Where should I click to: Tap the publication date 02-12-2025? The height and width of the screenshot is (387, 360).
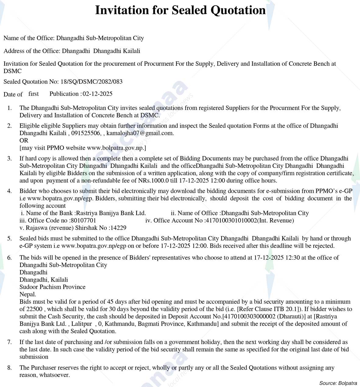tap(98, 94)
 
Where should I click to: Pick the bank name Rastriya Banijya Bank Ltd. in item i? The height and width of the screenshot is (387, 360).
tap(111, 213)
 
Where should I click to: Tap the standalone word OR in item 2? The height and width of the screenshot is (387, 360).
tap(24, 140)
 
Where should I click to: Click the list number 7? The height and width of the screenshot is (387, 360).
tap(9, 342)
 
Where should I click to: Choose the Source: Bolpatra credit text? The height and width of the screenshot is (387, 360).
tap(338, 383)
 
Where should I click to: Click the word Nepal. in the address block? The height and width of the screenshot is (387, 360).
tap(28, 294)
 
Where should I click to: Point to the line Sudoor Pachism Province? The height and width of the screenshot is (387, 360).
tap(52, 287)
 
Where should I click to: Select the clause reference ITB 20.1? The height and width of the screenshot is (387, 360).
tap(283, 309)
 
